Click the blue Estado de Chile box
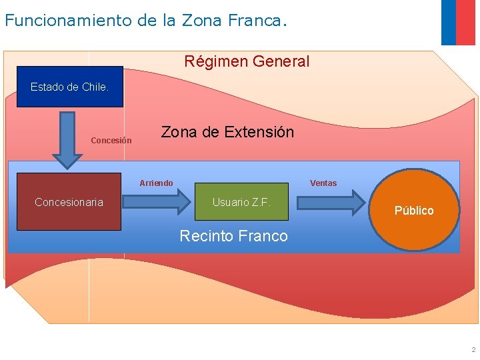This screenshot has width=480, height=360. coord(69,87)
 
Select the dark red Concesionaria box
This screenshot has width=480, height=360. coord(69,202)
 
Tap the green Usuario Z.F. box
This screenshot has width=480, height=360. coord(241,202)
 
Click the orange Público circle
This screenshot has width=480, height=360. coord(414,210)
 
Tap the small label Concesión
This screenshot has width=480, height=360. coord(111,141)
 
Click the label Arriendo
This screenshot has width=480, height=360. coord(156,183)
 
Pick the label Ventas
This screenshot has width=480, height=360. coord(323,183)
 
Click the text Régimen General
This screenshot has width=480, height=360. coord(247,61)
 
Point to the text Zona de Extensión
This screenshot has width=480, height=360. coord(227,132)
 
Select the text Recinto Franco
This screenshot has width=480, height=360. coord(234,236)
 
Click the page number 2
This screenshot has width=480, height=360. coord(473,350)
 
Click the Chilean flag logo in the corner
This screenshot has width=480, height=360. coord(458,21)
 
